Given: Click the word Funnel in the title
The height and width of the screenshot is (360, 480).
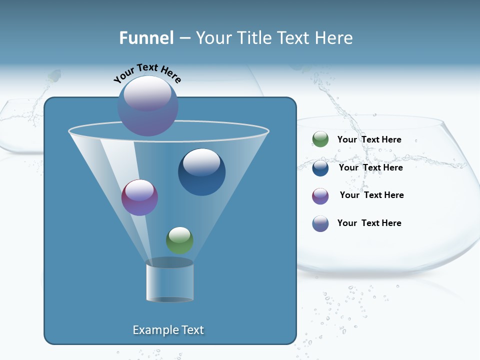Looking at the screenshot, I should [146, 37].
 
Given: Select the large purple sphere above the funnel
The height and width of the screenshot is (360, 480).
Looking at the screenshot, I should [148, 106].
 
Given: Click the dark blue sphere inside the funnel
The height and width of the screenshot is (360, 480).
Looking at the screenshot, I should [201, 172].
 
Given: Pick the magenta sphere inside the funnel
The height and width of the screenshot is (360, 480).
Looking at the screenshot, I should [139, 197].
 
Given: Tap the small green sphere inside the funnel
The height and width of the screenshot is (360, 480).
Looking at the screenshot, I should [179, 240].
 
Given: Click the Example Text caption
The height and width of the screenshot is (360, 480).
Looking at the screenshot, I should [168, 330].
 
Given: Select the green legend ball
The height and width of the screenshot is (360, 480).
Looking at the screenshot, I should [320, 139].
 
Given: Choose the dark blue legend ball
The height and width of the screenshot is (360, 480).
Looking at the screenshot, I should [320, 168].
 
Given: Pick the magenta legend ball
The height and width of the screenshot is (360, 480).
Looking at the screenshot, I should [320, 196].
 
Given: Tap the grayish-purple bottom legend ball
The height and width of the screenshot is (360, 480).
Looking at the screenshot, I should [320, 223].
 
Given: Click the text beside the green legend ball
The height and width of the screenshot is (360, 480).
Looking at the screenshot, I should [369, 139].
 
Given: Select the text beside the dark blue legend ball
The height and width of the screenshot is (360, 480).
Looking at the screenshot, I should [370, 167].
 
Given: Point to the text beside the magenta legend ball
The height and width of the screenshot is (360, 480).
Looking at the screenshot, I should [371, 195].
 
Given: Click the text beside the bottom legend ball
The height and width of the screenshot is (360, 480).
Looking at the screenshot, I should [369, 223].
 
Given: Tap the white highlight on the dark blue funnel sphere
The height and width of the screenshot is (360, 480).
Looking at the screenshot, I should [201, 161].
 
